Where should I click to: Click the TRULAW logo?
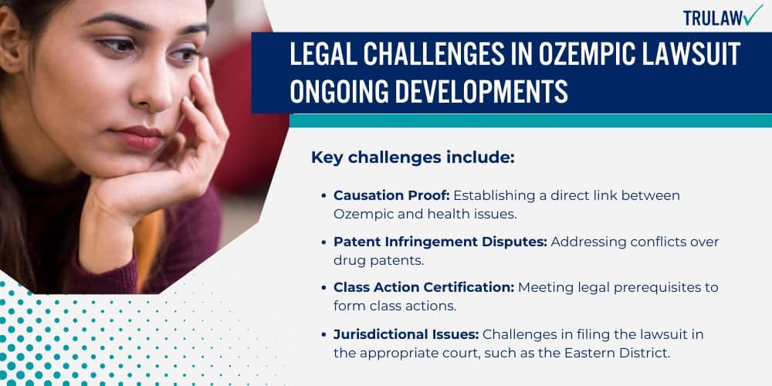722,17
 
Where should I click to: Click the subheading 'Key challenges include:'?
412,157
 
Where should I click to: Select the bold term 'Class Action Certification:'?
424,287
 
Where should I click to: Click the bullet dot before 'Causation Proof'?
324,196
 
